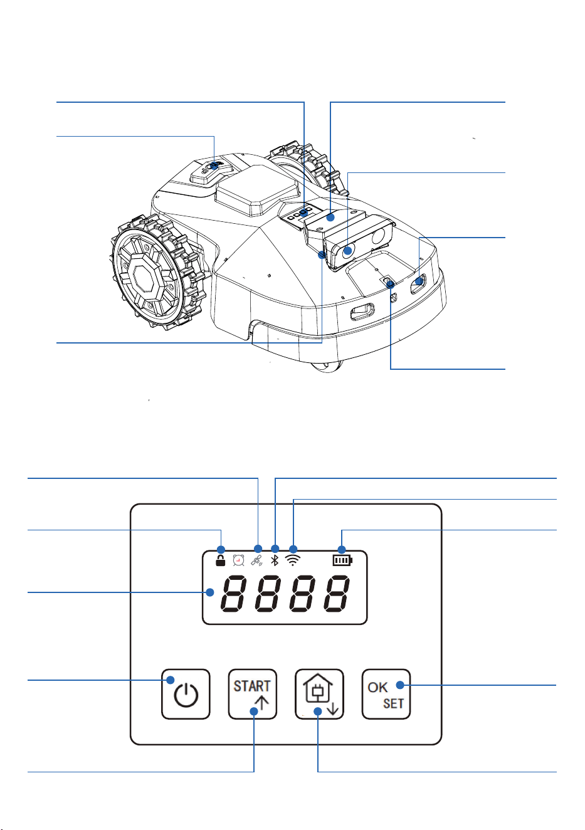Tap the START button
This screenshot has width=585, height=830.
[253, 693]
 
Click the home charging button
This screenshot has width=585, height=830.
[319, 693]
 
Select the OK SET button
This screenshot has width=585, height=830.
[386, 693]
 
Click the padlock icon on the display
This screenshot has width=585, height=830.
[220, 560]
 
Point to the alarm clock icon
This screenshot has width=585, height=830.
[238, 560]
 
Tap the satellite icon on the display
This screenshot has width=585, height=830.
[256, 561]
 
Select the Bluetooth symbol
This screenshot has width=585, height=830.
[275, 560]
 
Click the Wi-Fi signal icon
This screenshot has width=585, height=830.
[293, 560]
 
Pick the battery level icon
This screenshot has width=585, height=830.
[342, 560]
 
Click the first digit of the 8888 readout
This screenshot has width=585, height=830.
[233, 593]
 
